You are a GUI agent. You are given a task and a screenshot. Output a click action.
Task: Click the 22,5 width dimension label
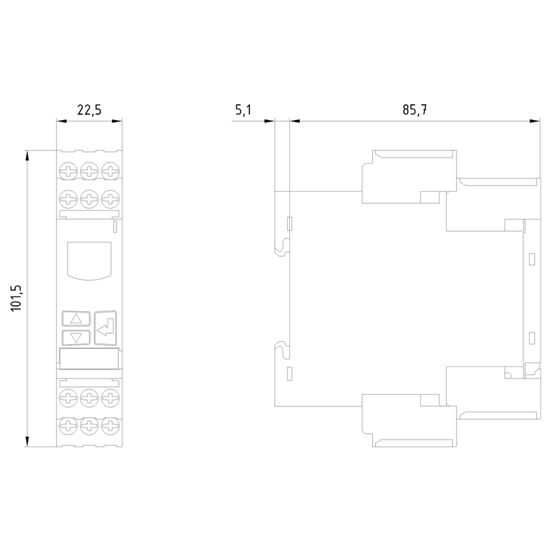tap(89, 110)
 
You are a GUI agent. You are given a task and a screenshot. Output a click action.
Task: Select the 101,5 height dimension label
tap(16, 298)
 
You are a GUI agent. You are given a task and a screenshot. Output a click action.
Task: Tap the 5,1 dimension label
tap(243, 110)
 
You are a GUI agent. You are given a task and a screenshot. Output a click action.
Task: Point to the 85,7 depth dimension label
tap(415, 110)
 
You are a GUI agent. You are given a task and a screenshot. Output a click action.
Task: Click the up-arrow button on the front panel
tap(76, 318)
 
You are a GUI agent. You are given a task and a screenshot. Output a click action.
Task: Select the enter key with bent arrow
tap(106, 328)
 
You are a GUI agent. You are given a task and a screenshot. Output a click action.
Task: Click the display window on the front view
tap(89, 261)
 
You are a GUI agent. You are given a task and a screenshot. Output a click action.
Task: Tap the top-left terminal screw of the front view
tap(68, 171)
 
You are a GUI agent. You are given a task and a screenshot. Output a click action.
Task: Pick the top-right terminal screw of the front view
tap(110, 171)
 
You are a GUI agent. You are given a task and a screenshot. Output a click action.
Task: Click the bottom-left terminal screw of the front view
tap(68, 426)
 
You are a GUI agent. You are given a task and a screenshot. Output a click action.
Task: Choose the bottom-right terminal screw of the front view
tap(110, 426)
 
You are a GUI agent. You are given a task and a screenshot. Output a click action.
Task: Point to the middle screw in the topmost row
tap(89, 171)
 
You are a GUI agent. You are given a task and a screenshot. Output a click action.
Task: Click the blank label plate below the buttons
tap(89, 359)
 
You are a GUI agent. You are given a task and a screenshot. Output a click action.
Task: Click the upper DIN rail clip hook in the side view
tap(282, 247)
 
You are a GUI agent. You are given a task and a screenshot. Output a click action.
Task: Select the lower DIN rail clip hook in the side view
tap(282, 350)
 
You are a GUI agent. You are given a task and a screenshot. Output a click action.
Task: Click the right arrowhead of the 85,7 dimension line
tap(535, 121)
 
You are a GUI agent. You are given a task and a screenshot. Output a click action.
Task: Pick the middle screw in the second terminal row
tap(89, 199)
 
